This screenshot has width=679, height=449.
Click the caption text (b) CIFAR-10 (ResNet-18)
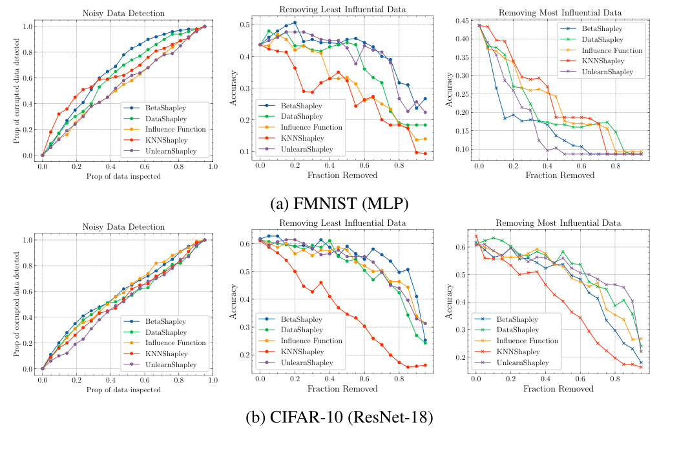[x=339, y=417]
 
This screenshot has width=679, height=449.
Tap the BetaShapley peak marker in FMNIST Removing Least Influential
[x=295, y=22]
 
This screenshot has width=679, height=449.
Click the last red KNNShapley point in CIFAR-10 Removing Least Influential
[x=424, y=365]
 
